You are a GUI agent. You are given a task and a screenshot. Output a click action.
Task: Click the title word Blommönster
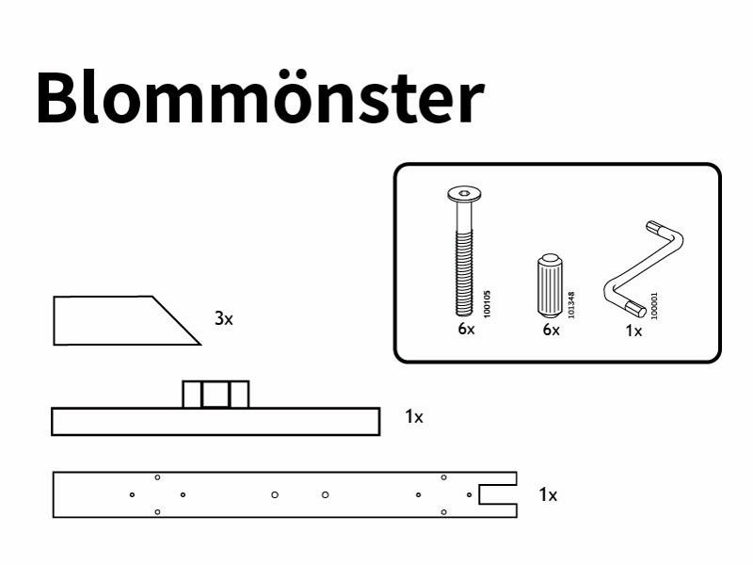(x=260, y=97)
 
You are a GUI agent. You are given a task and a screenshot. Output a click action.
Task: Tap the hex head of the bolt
(x=464, y=194)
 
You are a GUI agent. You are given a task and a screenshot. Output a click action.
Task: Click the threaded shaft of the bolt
(x=464, y=272)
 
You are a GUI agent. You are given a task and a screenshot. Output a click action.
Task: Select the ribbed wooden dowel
(x=550, y=285)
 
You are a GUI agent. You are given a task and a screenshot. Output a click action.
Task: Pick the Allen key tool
(x=644, y=269)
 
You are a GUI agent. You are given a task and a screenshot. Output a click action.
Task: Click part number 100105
(x=487, y=303)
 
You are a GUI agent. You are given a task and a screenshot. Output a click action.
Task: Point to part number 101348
(x=571, y=304)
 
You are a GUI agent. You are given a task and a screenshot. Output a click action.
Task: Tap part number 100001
(x=654, y=306)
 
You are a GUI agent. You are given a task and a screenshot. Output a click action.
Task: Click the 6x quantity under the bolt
(x=466, y=329)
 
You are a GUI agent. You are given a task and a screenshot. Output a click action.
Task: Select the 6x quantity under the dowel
(x=551, y=330)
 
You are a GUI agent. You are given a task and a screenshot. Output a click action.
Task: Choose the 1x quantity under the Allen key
(x=633, y=331)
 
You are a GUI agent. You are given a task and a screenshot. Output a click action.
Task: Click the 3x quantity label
(x=224, y=318)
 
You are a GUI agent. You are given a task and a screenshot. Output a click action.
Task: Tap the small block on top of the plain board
(x=216, y=395)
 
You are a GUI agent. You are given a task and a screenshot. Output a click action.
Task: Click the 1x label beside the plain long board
(x=414, y=416)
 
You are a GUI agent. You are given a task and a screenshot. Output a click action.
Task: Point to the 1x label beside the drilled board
(x=548, y=494)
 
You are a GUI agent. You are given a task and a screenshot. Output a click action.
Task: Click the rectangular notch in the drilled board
(x=498, y=494)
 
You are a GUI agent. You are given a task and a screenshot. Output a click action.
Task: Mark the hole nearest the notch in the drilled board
(x=469, y=495)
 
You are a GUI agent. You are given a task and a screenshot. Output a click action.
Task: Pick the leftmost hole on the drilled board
(x=132, y=495)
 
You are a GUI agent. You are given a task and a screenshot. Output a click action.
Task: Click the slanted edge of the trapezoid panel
(x=176, y=320)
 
